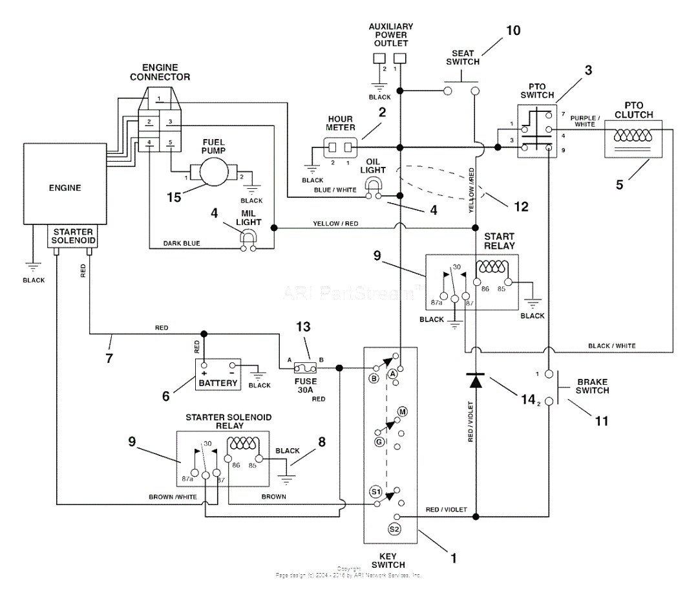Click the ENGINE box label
(65, 188)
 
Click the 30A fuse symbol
(304, 368)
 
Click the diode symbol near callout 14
(476, 381)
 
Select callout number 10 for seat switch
(513, 30)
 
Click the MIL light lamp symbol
(248, 239)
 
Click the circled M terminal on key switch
(402, 412)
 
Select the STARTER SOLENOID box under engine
(72, 237)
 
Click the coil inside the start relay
(492, 266)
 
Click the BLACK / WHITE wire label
(611, 346)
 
